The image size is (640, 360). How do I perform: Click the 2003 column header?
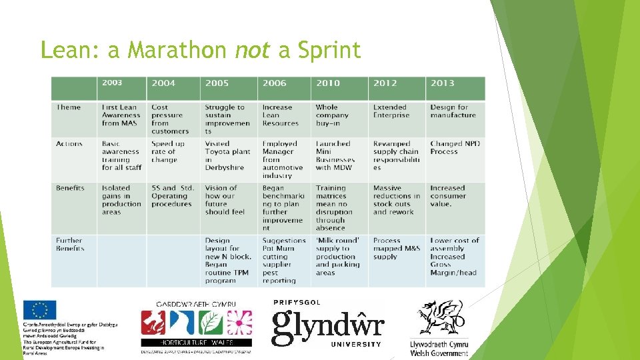(x=112, y=83)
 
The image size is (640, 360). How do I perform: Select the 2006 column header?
(x=274, y=83)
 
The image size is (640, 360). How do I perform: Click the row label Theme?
(x=69, y=107)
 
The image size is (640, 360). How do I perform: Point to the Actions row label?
(x=70, y=144)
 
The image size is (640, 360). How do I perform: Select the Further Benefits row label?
(x=70, y=245)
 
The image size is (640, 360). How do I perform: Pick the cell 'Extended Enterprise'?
(x=391, y=111)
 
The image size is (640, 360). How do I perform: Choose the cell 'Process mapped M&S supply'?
(x=396, y=249)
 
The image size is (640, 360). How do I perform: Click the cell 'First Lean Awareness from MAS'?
(x=121, y=115)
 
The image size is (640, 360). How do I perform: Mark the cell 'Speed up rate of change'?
(x=167, y=152)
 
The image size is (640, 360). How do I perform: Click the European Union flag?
(x=40, y=311)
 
